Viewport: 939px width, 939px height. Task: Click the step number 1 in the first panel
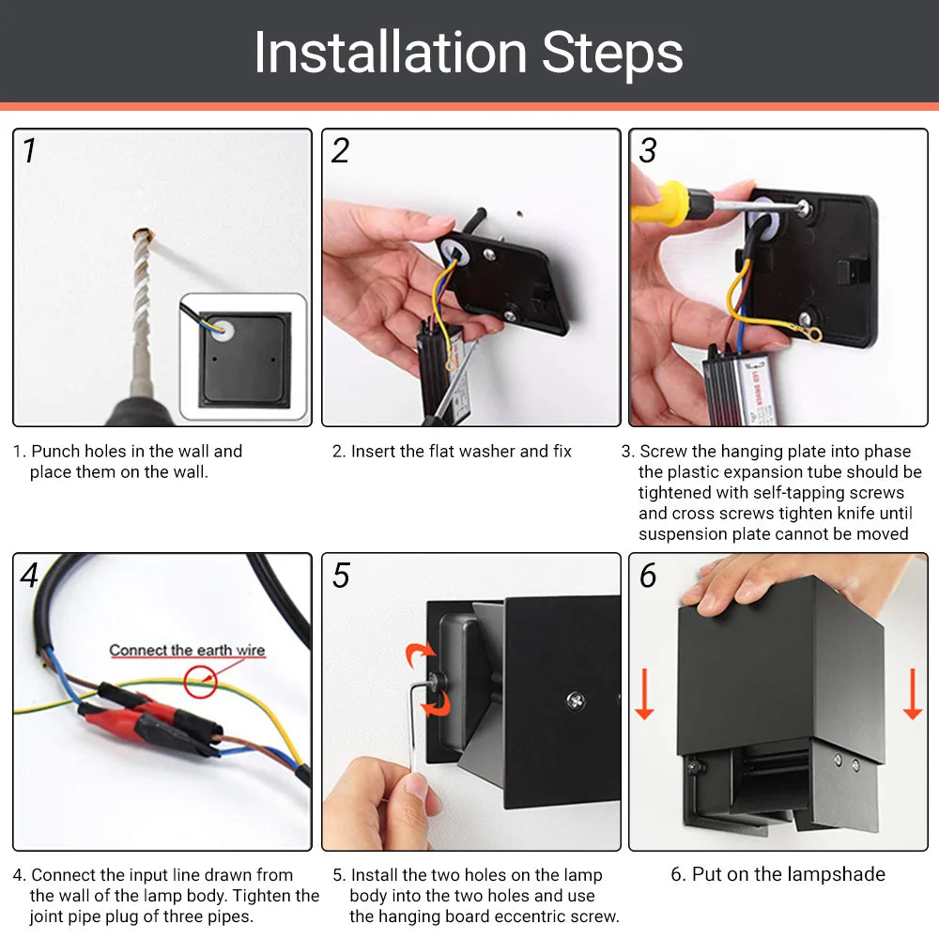(29, 150)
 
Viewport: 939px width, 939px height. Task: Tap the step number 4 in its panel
(30, 575)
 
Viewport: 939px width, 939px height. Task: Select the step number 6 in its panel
(648, 575)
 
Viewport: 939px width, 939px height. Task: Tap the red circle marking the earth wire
(199, 681)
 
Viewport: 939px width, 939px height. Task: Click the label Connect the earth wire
(187, 650)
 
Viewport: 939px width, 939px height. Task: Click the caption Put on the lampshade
(777, 874)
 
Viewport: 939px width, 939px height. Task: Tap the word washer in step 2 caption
(471, 452)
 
